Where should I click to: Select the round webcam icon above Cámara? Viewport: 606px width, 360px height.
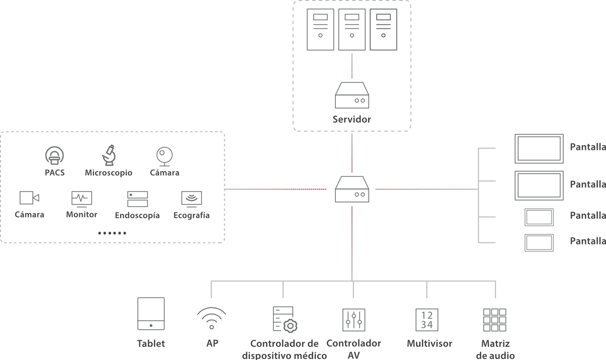[x=164, y=156]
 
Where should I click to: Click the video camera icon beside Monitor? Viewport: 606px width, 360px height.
[x=29, y=198]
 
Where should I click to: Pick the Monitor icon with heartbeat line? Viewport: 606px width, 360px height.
[x=81, y=198]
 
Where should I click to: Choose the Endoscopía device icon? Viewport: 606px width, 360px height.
[x=137, y=198]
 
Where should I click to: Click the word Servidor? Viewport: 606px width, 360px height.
[x=352, y=120]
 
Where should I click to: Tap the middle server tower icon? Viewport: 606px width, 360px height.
[x=352, y=30]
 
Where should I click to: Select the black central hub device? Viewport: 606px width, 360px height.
[x=352, y=189]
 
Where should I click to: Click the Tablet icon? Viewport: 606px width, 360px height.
[x=151, y=314]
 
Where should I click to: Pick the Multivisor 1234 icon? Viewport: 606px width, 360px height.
[x=427, y=319]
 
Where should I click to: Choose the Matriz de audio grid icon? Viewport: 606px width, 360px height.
[x=495, y=319]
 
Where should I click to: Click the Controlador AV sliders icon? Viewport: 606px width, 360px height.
[x=353, y=319]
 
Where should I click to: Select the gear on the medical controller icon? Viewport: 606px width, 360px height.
[x=290, y=326]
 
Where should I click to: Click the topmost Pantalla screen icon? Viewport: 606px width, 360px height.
[x=539, y=148]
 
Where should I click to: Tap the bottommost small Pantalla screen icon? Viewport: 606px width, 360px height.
[x=539, y=243]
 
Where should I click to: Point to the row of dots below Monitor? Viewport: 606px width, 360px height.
[x=112, y=233]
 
